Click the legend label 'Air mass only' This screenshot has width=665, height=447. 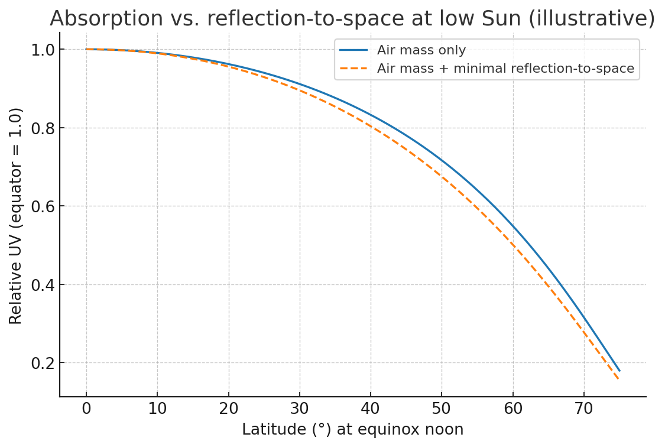pos(421,50)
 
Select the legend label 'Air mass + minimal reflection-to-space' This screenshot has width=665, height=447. pos(505,69)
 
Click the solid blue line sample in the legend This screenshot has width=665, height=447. pos(353,50)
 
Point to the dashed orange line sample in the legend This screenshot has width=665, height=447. pos(353,69)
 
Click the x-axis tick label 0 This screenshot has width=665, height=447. pos(86,409)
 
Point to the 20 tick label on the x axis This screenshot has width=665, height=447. pos(229,409)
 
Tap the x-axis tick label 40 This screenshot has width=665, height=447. pos(371,409)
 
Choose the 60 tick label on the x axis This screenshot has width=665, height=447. pos(513,409)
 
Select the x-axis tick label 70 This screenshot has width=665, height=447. pos(584,409)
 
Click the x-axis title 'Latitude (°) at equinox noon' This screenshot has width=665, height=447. pos(352,430)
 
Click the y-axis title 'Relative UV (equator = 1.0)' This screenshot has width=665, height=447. pos(16,215)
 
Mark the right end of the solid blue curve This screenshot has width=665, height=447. pos(619,371)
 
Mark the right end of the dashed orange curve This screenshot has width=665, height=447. pos(619,379)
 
